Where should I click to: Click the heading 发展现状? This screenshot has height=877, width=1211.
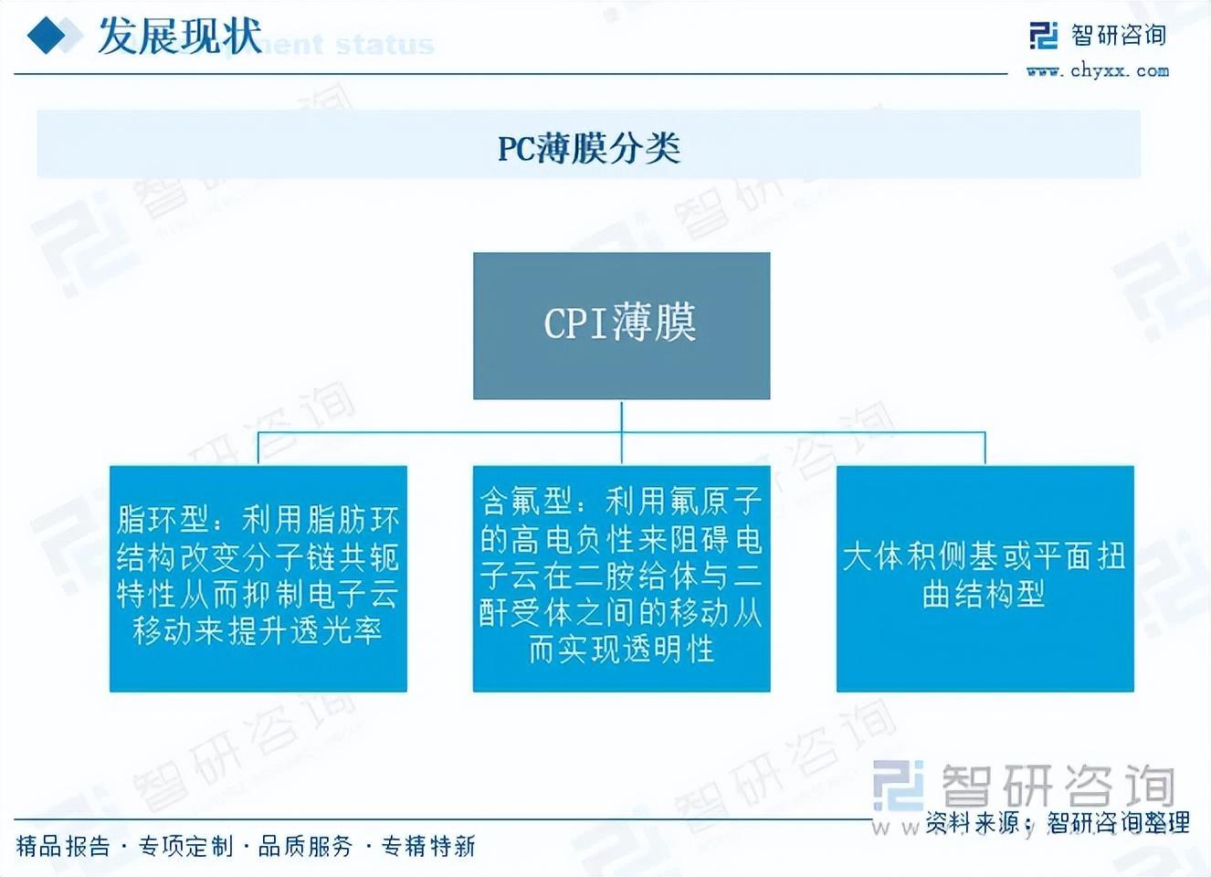[179, 36]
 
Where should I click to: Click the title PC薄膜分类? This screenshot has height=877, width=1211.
[589, 147]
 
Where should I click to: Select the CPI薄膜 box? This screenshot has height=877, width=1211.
[621, 325]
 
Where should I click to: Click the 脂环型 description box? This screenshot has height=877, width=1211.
[258, 578]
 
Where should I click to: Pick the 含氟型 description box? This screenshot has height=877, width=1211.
[621, 578]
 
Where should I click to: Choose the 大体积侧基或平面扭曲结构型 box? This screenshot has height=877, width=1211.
[985, 578]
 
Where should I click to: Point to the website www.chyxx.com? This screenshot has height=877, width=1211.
[1097, 70]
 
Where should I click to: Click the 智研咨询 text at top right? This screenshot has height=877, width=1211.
[1119, 36]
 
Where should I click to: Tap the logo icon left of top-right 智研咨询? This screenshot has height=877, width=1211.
[1043, 36]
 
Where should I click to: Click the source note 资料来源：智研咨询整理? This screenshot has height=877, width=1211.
[1058, 823]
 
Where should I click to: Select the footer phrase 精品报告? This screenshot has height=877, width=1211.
[62, 847]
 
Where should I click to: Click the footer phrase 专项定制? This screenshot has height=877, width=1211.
[185, 847]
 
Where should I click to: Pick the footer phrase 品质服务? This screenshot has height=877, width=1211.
[305, 847]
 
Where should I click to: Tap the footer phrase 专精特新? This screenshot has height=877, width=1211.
[428, 847]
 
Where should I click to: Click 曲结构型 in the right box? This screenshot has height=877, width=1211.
[984, 595]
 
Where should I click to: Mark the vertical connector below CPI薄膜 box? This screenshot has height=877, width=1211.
[621, 417]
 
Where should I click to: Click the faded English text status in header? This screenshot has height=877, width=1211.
[384, 44]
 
